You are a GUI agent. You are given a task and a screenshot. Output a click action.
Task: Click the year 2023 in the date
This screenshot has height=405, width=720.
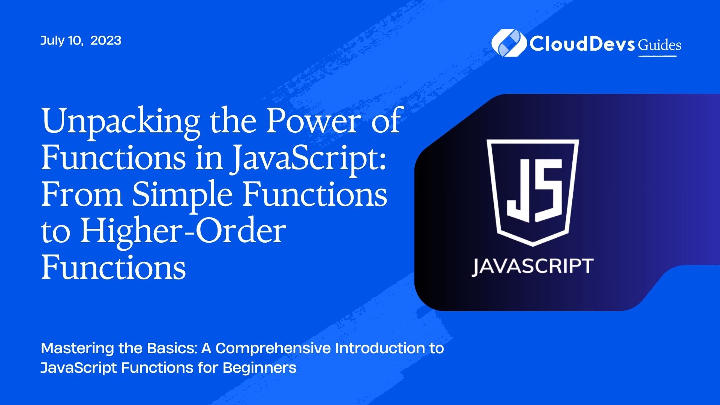point(106,40)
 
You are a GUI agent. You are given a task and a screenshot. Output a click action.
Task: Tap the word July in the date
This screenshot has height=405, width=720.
point(53,41)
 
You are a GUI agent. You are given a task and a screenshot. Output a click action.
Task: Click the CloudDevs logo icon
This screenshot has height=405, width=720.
point(508,43)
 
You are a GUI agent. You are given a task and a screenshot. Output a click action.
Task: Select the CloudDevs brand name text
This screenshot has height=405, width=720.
point(582,44)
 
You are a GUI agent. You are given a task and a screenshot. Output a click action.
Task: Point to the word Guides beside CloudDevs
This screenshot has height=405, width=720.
point(660,45)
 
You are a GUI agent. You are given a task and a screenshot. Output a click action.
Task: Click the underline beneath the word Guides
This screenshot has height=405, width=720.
point(657,56)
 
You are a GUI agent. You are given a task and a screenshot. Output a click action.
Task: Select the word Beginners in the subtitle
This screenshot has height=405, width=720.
point(259,368)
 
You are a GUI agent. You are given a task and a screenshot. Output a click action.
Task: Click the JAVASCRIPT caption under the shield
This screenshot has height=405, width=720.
point(532,267)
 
